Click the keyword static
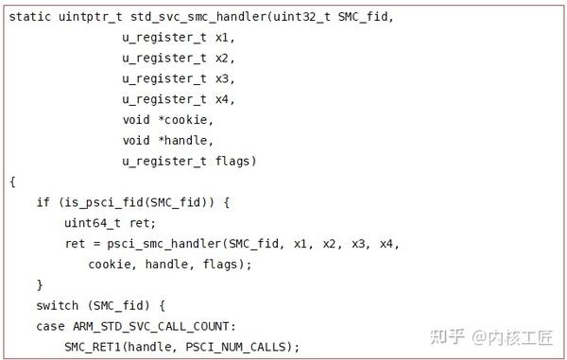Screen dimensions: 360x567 [x=30, y=17]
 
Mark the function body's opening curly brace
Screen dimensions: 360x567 [x=12, y=181]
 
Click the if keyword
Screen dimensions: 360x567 [x=43, y=202]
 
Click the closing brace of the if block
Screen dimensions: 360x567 [x=40, y=284]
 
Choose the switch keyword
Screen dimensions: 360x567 [x=58, y=305]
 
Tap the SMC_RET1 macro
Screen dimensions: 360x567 [x=92, y=347]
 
